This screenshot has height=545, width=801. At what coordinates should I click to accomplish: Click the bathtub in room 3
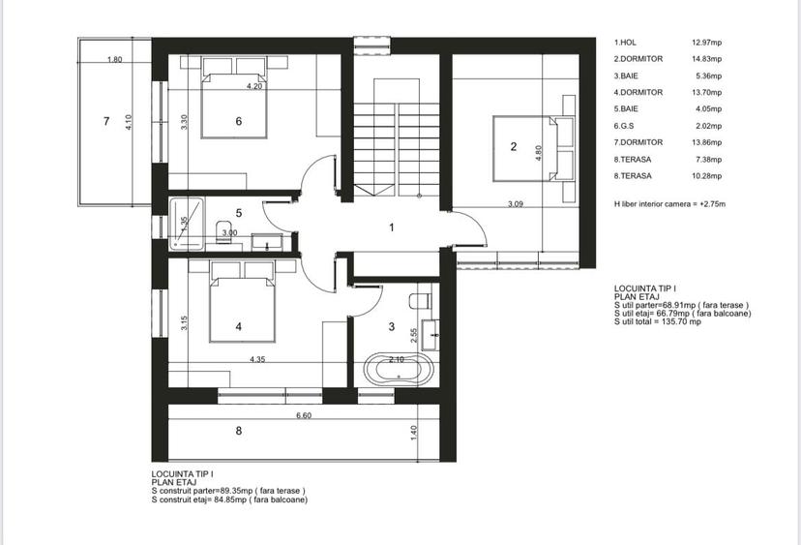coord(399,369)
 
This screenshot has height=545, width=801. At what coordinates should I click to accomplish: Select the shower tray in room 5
coord(187,224)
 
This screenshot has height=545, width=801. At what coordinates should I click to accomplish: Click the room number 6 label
coord(239,121)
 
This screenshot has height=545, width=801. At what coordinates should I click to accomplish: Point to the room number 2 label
coord(514,147)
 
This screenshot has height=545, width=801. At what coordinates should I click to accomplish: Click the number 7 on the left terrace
coord(106,121)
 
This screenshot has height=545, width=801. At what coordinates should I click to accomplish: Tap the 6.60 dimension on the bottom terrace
coord(304,415)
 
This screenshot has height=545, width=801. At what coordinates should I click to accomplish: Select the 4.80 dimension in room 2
coord(539,153)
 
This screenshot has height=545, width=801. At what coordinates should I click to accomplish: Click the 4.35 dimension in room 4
coord(257,359)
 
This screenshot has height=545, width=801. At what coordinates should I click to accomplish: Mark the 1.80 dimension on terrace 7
coord(115,59)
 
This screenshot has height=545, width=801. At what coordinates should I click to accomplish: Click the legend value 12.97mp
coord(706,43)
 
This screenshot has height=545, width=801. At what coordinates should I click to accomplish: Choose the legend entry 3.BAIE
coord(626,76)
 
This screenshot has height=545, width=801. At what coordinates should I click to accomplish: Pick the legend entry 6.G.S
coord(624,126)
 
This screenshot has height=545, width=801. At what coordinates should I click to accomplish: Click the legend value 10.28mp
coord(706,176)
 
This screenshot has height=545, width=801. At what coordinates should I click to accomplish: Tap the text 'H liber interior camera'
coord(654,204)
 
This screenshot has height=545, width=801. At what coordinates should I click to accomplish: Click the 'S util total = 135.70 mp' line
coord(658,321)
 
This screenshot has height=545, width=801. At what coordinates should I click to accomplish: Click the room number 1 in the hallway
coord(392,227)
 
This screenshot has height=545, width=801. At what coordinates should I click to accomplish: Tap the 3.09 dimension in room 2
coord(516,204)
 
